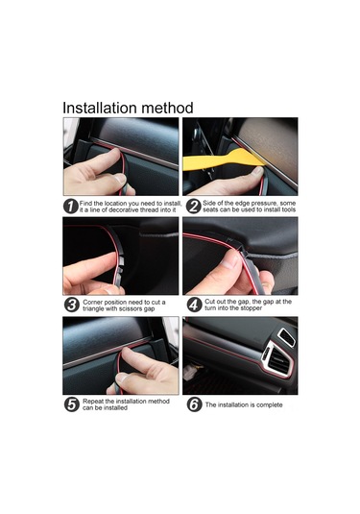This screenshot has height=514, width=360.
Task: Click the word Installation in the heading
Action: [x=100, y=108]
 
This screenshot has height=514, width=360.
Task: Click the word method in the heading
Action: [x=168, y=108]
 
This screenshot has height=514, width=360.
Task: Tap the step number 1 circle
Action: [x=71, y=207]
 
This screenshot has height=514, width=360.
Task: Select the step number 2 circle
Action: [x=194, y=207]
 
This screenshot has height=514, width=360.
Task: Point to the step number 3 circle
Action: [x=72, y=305]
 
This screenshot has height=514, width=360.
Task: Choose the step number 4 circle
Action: [x=194, y=305]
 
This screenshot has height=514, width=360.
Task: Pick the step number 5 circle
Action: [x=72, y=404]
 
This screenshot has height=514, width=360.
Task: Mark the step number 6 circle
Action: [x=194, y=404]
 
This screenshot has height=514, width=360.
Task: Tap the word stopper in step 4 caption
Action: [x=252, y=308]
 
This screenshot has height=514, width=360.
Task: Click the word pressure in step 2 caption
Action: [x=264, y=203]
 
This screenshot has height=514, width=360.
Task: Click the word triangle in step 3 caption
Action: [x=93, y=308]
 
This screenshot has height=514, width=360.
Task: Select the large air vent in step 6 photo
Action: [x=277, y=358]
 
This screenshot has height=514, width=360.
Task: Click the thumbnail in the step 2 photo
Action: [x=258, y=170]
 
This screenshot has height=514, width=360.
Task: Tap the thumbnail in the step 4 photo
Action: [x=230, y=261]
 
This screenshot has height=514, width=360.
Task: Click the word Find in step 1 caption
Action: [x=85, y=204]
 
